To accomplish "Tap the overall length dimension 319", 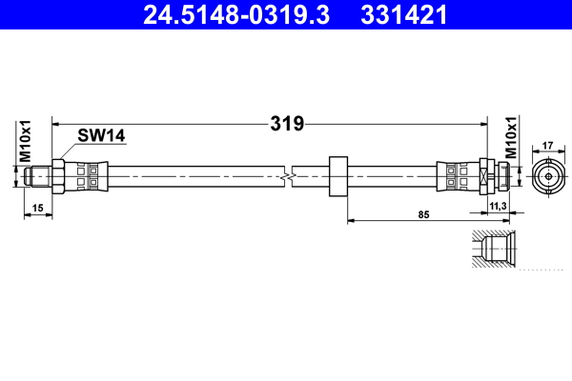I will point(285,123).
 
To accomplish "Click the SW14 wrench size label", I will point(102,137).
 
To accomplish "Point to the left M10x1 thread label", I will point(27,142).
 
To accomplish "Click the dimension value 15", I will point(37,207).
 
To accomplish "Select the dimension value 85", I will point(424,214).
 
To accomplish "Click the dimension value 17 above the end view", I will point(547,146).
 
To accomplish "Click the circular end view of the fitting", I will point(547,176).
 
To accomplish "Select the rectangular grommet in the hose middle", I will point(337,176).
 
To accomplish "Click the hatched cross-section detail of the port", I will point(494,251).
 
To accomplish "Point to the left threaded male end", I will point(38,176).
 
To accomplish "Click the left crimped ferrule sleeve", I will point(88,176).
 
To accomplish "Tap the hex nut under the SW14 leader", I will point(58,176).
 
